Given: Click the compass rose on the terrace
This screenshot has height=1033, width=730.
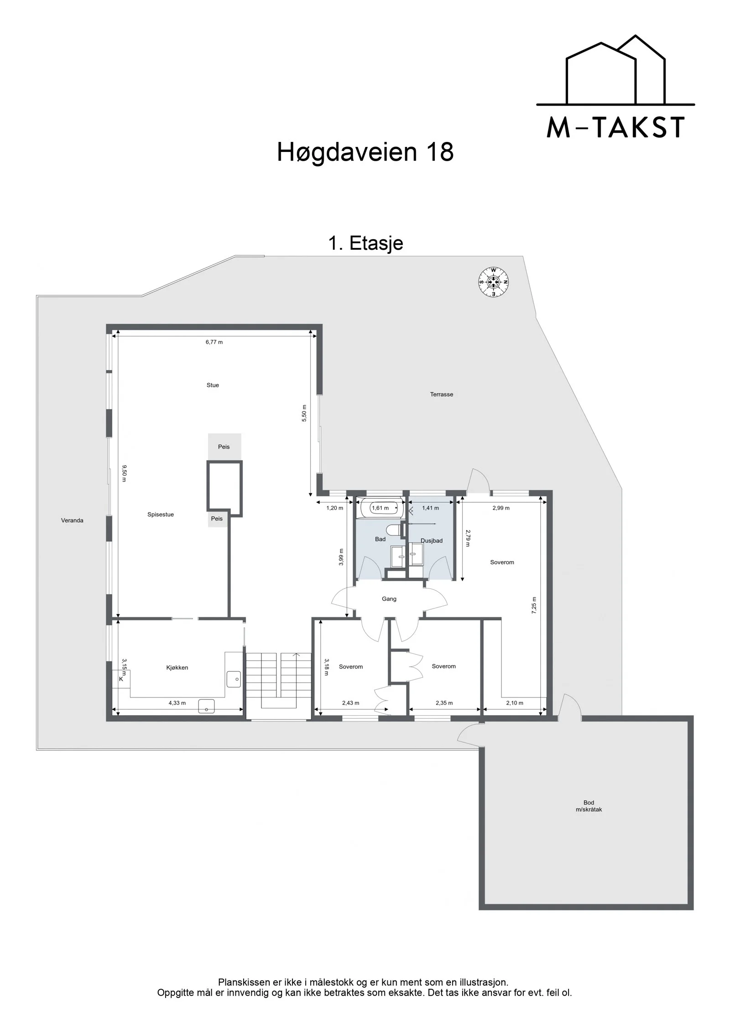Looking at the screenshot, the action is pyautogui.click(x=493, y=282).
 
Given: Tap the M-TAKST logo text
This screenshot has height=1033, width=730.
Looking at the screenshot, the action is pyautogui.click(x=615, y=127).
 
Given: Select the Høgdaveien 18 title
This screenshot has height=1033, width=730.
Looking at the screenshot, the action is pyautogui.click(x=365, y=152).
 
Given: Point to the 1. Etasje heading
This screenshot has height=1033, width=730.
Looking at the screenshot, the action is pyautogui.click(x=365, y=243).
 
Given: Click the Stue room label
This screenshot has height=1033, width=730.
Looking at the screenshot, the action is pyautogui.click(x=213, y=385).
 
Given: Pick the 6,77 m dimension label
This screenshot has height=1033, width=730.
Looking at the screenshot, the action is pyautogui.click(x=214, y=342).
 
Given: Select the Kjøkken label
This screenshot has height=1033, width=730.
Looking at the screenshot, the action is pyautogui.click(x=177, y=667).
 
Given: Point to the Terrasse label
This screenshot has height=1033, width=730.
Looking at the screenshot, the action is pyautogui.click(x=442, y=394).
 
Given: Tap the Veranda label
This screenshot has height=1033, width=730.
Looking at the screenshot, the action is pyautogui.click(x=72, y=520).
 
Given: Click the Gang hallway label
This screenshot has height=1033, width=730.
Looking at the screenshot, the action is pyautogui.click(x=389, y=598).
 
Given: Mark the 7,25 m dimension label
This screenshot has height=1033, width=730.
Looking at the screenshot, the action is pyautogui.click(x=534, y=605).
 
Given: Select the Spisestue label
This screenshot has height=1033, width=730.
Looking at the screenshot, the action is pyautogui.click(x=161, y=514).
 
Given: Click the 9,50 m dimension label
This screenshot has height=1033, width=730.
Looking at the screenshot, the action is pyautogui.click(x=124, y=473).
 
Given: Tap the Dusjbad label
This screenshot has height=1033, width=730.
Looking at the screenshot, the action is pyautogui.click(x=432, y=540).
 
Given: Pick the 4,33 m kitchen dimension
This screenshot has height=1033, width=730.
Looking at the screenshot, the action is pyautogui.click(x=177, y=703).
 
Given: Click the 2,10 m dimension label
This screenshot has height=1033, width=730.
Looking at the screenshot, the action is pyautogui.click(x=515, y=703).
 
